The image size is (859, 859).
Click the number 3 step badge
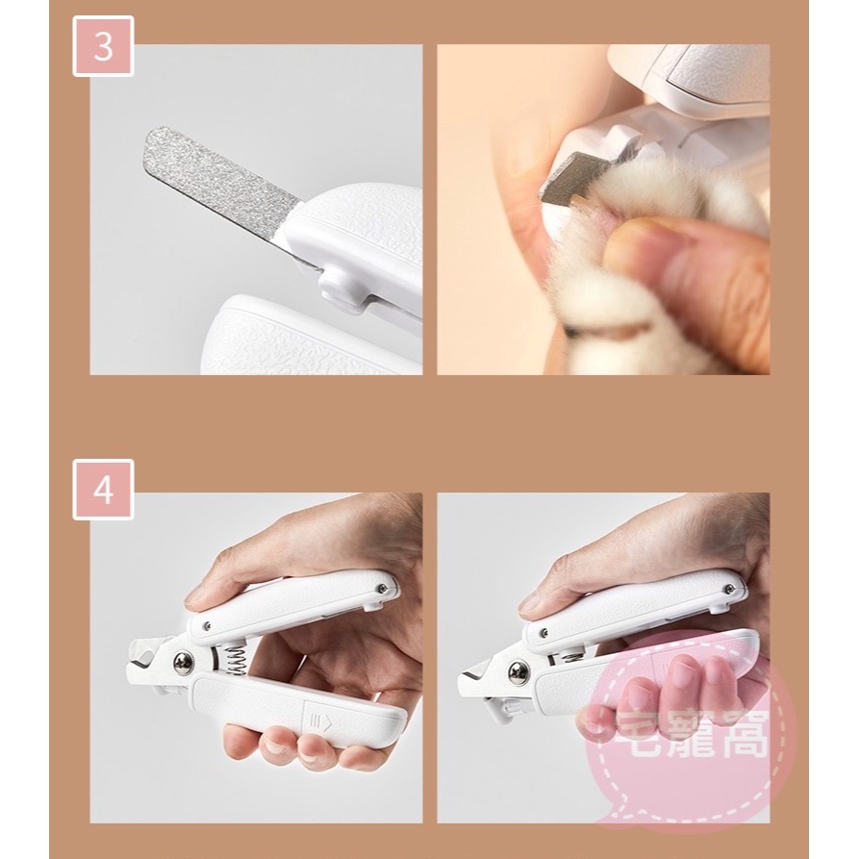coord(103,46)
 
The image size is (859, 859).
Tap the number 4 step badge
coord(103,490)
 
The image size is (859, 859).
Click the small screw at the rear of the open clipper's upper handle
coord(384,588)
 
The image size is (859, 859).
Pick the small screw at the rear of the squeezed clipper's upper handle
coord(729,589)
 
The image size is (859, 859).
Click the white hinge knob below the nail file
coord(339,285)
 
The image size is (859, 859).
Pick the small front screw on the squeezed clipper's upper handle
coord(543,632)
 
